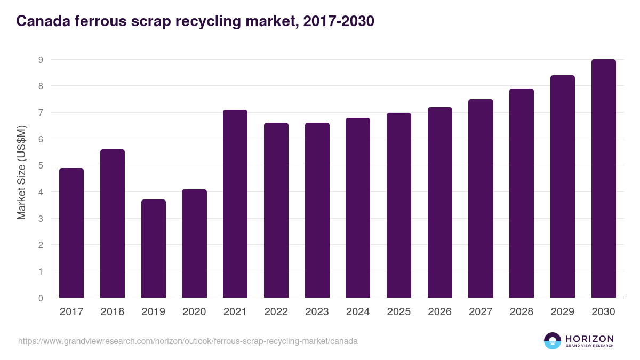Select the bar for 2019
click(154, 249)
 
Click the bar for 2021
click(235, 204)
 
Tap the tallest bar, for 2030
click(603, 179)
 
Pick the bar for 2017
click(71, 233)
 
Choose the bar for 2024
click(358, 208)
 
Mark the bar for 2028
click(522, 193)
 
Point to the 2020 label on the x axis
click(194, 312)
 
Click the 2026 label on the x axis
click(439, 312)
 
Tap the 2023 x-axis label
click(317, 312)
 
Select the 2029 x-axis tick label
click(562, 312)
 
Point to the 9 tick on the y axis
click(41, 60)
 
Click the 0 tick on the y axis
click(41, 298)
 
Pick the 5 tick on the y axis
click(41, 166)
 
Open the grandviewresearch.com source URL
click(188, 341)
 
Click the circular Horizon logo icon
click(553, 341)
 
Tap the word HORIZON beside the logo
click(589, 338)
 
